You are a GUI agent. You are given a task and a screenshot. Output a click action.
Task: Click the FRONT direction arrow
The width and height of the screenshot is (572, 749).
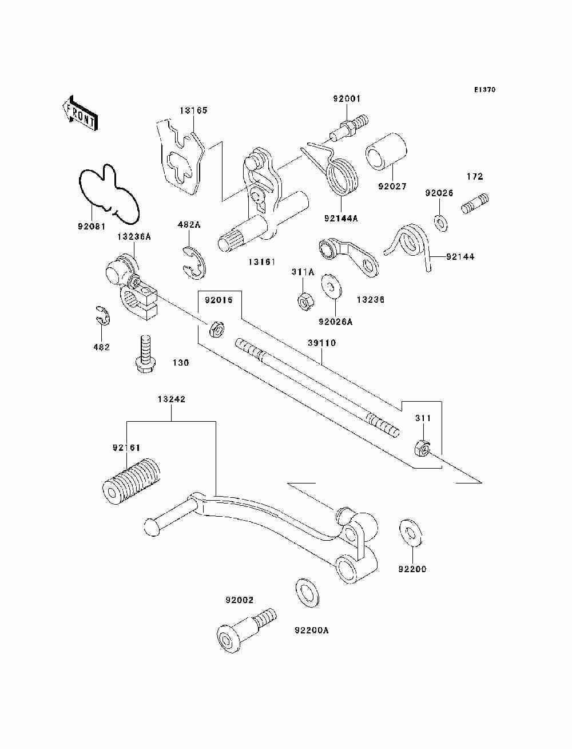pyautogui.click(x=80, y=113)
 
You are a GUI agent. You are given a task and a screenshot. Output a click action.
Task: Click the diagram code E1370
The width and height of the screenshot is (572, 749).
pyautogui.click(x=484, y=90)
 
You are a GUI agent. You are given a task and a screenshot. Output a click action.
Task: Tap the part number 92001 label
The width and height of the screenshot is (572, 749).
pyautogui.click(x=347, y=98)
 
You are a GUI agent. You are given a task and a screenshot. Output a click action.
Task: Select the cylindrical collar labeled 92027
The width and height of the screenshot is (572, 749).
pyautogui.click(x=387, y=152)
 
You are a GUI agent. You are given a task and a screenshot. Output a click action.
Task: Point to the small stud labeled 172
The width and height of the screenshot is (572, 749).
pyautogui.click(x=475, y=204)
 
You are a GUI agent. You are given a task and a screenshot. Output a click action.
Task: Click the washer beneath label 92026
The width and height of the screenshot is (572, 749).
pyautogui.click(x=442, y=223)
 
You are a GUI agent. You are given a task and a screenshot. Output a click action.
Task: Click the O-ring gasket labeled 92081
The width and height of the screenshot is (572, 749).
pyautogui.click(x=109, y=194)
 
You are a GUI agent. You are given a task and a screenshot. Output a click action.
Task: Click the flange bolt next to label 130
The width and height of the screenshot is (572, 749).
pyautogui.click(x=145, y=354)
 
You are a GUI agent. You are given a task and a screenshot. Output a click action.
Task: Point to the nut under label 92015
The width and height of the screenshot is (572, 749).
pyautogui.click(x=216, y=329)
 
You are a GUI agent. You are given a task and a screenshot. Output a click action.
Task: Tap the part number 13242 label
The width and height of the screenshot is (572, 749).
pyautogui.click(x=171, y=399)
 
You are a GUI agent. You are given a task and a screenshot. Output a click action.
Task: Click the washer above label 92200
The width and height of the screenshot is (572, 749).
pyautogui.click(x=410, y=533)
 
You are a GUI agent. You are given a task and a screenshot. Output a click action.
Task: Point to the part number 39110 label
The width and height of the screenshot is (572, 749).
pyautogui.click(x=321, y=343)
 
